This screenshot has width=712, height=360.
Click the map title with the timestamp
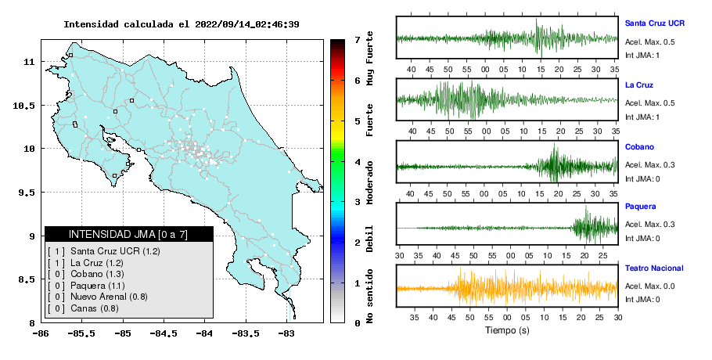182,24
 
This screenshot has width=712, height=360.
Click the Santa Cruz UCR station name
654,23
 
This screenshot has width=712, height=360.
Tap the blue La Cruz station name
639,85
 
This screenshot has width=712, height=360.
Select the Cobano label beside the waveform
639,146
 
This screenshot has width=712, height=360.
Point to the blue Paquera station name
640,207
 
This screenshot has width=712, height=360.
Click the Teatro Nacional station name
654,268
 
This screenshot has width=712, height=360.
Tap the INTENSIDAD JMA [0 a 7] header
128,234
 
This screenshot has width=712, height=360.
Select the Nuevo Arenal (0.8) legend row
98,297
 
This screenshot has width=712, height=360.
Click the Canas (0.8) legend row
83,308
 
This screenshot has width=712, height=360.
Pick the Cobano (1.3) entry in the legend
86,274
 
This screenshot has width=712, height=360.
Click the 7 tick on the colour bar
357,41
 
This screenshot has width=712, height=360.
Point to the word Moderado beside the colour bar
369,182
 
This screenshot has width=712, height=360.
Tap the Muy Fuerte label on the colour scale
369,58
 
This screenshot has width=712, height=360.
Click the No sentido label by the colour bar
369,296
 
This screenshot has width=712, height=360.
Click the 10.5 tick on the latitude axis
23,106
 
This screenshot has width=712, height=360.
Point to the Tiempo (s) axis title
507,330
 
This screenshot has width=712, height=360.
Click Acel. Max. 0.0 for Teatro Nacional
649,286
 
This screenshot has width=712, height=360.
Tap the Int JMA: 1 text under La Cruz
642,117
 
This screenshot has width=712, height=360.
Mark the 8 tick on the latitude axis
32,323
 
